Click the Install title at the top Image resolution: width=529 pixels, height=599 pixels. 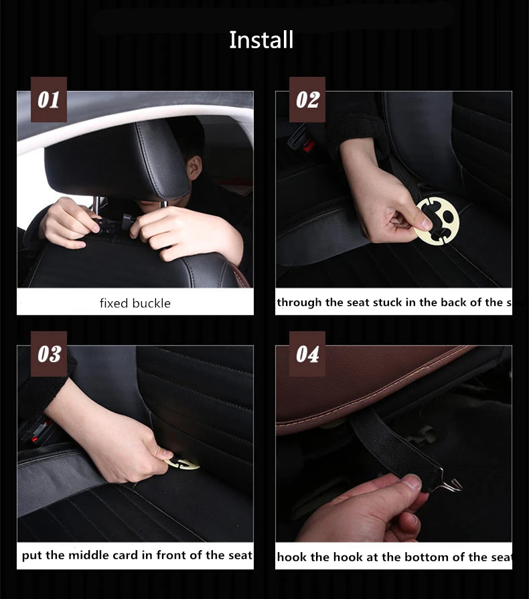(261, 40)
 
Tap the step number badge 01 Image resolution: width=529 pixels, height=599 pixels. (49, 100)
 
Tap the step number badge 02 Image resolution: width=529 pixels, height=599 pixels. (307, 100)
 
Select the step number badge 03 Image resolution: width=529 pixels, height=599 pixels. (49, 353)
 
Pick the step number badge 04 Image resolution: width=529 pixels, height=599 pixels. (307, 353)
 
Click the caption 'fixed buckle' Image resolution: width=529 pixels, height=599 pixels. (135, 303)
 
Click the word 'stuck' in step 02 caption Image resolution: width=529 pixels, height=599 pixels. (402, 303)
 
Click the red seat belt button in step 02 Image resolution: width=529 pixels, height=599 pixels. (309, 146)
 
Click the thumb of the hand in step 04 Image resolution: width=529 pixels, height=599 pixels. (407, 483)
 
